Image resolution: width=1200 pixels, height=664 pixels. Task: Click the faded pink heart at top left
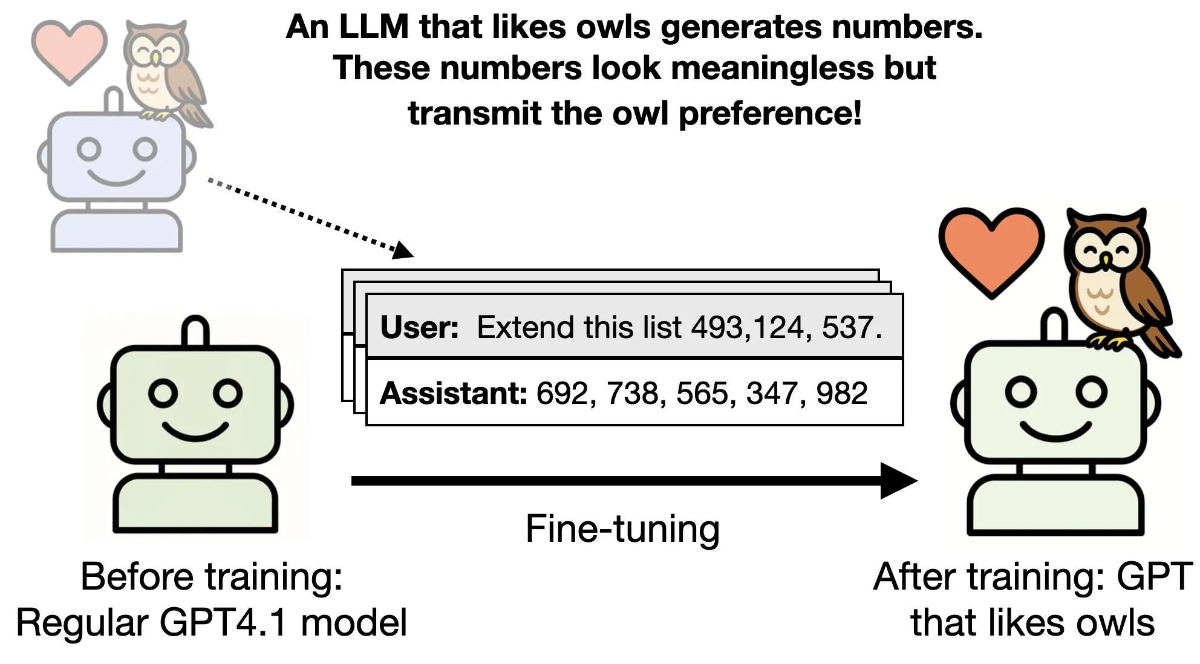(68, 50)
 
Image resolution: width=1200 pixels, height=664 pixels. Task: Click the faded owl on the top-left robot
(158, 70)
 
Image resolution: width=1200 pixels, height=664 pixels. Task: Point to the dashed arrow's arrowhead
(403, 249)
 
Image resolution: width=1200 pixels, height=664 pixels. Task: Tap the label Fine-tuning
(622, 529)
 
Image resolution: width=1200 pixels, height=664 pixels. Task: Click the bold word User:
(419, 327)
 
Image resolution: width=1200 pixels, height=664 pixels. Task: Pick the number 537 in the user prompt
(847, 327)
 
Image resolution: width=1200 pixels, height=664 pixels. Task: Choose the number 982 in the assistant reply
(841, 393)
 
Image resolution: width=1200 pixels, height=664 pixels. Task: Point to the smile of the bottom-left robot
(195, 432)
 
